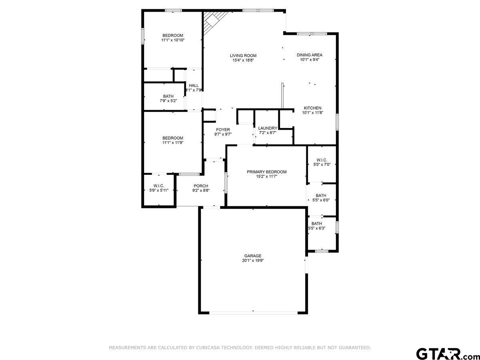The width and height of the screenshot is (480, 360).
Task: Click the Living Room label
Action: point(243,56)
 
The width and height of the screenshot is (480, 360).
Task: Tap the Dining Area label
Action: point(309,55)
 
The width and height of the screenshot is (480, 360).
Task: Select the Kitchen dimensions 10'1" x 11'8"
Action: point(312,113)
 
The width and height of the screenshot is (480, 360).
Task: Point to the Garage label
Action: point(253,256)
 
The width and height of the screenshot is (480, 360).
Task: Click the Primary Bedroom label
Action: point(266,172)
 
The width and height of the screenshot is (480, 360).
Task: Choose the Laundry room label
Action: point(268,128)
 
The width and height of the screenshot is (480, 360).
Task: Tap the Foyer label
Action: point(223,130)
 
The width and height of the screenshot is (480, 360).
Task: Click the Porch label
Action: point(200,186)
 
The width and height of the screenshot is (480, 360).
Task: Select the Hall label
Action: point(194,85)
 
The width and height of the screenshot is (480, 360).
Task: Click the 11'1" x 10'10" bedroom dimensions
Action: point(172,40)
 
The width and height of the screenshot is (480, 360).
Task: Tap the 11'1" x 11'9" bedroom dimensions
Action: point(172,142)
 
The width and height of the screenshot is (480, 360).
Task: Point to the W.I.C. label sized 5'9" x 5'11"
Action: point(159,186)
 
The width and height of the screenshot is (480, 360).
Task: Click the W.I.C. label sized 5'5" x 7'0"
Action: point(321,160)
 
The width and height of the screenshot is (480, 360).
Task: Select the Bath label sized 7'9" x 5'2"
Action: point(168,96)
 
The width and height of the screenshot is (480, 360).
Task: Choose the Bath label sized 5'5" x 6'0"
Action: point(321,196)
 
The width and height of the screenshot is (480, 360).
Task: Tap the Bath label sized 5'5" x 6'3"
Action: point(316,224)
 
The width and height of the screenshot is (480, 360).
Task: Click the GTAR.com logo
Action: point(444,354)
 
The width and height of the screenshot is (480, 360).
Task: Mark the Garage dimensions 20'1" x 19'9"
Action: point(253,260)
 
